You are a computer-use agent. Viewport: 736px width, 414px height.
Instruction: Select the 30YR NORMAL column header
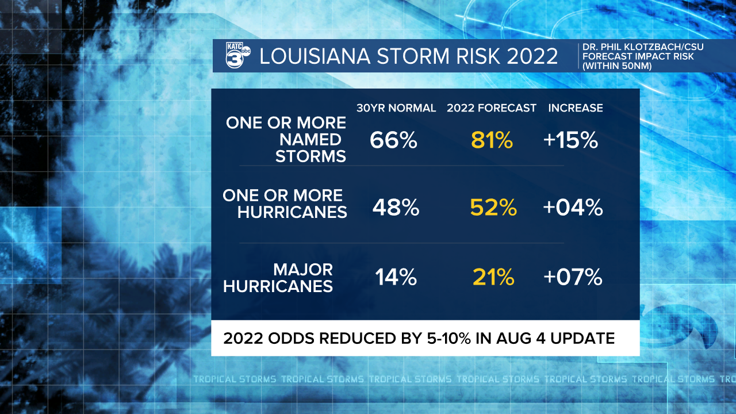pyautogui.click(x=396, y=108)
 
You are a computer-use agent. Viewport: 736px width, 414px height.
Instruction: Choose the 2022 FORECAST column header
pyautogui.click(x=492, y=108)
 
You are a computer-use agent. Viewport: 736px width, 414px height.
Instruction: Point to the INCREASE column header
pyautogui.click(x=576, y=108)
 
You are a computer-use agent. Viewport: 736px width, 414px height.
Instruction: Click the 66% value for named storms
pyautogui.click(x=393, y=140)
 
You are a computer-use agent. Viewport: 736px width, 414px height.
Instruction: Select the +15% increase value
pyautogui.click(x=571, y=140)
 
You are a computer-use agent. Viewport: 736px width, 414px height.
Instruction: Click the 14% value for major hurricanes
pyautogui.click(x=396, y=278)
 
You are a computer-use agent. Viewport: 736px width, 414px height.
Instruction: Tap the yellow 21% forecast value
pyautogui.click(x=493, y=278)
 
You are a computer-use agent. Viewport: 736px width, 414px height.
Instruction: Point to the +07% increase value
pyautogui.click(x=573, y=278)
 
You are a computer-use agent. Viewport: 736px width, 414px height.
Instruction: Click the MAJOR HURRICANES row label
pyautogui.click(x=278, y=278)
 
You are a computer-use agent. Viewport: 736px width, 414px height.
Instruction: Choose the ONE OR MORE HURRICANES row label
pyautogui.click(x=285, y=204)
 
